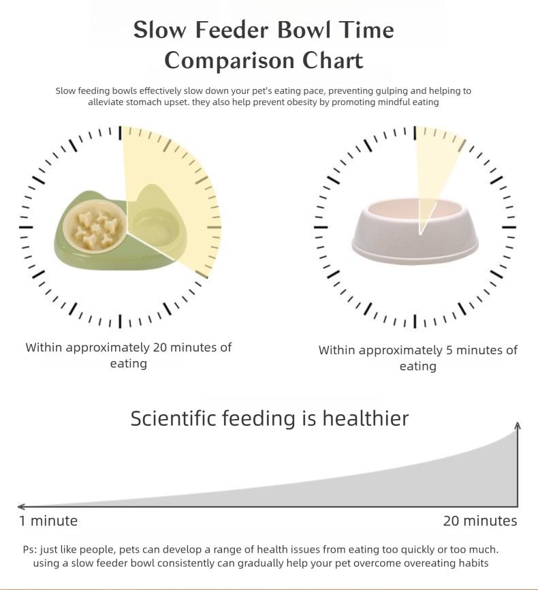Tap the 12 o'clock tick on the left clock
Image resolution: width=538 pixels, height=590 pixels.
point(121,133)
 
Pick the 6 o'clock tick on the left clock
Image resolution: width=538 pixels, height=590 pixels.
point(121,321)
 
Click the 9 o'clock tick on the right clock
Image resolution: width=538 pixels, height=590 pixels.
point(321,227)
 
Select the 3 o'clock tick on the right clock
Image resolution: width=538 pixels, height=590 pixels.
point(509,227)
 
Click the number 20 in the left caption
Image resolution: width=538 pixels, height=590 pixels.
point(160,347)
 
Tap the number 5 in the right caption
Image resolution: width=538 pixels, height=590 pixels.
point(449,350)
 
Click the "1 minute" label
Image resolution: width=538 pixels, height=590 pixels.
point(48,521)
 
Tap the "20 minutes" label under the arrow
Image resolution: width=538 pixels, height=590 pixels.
point(480,521)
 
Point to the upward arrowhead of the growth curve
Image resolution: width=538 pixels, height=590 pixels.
point(518,426)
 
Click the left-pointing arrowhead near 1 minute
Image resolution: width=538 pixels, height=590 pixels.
point(22,507)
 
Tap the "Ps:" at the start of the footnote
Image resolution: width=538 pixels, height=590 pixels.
point(30,549)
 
